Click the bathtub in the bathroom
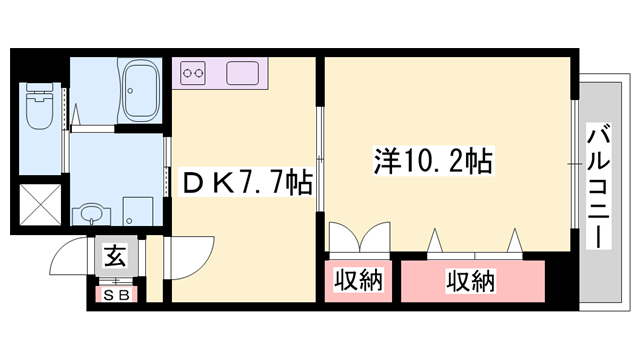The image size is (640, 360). click(x=140, y=91)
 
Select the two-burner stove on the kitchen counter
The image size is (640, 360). click(x=193, y=73)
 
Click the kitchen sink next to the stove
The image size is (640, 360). click(x=243, y=73)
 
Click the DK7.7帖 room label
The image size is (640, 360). click(x=244, y=183)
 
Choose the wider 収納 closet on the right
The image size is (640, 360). click(x=472, y=281)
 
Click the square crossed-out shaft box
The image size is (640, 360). click(x=41, y=206)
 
